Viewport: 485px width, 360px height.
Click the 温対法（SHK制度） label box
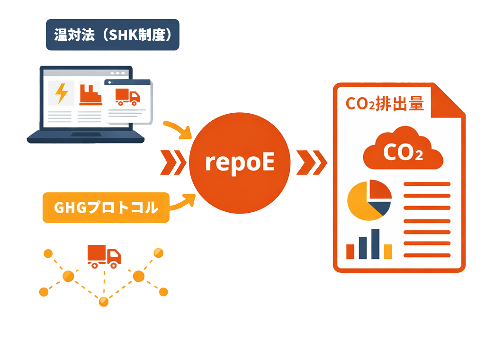pyautogui.click(x=112, y=35)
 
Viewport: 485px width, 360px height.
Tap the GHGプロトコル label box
pyautogui.click(x=106, y=207)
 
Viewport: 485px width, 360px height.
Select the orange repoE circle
pyautogui.click(x=239, y=162)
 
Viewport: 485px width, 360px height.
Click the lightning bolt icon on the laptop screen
pyautogui.click(x=61, y=92)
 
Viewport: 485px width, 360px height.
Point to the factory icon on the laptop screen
pyautogui.click(x=90, y=94)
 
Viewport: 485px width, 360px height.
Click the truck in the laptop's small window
pyautogui.click(x=127, y=97)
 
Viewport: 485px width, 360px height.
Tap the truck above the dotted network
pyautogui.click(x=104, y=256)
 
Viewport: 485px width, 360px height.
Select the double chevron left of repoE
pyautogui.click(x=173, y=162)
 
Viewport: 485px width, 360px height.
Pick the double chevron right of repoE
pyautogui.click(x=312, y=162)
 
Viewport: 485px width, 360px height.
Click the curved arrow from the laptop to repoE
pyautogui.click(x=178, y=130)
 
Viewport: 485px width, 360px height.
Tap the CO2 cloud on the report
pyautogui.click(x=402, y=148)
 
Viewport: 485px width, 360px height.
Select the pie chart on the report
pyautogui.click(x=369, y=199)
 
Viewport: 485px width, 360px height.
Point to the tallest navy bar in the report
pyautogui.click(x=375, y=244)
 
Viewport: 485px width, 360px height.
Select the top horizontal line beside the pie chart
pyautogui.click(x=427, y=184)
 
